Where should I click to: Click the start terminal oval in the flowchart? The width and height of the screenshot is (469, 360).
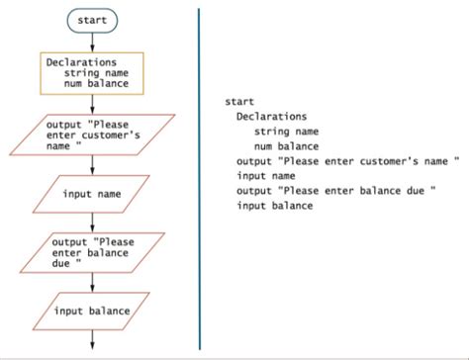[x=92, y=19]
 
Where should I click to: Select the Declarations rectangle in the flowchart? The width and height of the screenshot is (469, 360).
[x=92, y=72]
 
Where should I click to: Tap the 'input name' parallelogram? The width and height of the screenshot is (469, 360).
[x=92, y=194]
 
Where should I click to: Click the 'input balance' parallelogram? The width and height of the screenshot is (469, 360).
[x=92, y=311]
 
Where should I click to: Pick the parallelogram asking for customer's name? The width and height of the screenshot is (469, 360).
[x=92, y=135]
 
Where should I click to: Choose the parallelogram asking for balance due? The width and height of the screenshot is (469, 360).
[x=92, y=252]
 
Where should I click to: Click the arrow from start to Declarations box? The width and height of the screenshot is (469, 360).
[x=92, y=42]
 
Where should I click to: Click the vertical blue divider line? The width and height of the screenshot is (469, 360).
[x=199, y=178]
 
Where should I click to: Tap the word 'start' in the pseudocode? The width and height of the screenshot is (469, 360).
[x=239, y=101]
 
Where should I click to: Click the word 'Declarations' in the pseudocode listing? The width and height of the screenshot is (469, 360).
[x=271, y=116]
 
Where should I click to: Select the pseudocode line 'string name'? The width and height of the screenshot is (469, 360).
[x=286, y=131]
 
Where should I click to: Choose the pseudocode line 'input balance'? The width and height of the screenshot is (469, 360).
[x=274, y=206]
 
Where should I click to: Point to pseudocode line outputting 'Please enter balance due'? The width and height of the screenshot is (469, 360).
[x=336, y=190]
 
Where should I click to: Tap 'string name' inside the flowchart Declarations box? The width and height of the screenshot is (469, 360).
[x=96, y=72]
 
